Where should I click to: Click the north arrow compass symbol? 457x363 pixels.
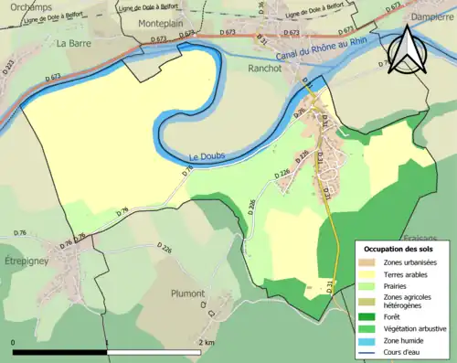[406, 51]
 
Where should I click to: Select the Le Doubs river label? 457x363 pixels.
[207, 156]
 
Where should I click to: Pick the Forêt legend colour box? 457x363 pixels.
[370, 316]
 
